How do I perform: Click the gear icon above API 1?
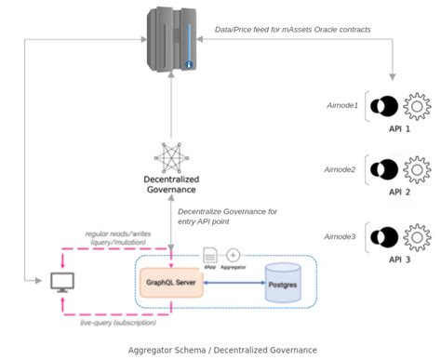(x=419, y=107)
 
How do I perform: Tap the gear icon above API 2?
(x=419, y=169)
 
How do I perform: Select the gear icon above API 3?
(x=419, y=236)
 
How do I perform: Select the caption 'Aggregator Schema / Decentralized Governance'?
(x=221, y=350)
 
